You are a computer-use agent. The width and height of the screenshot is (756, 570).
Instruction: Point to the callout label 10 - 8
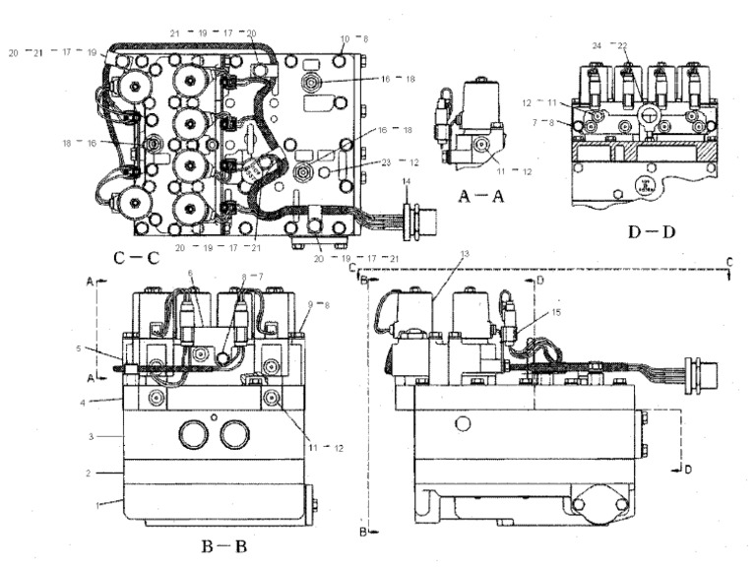[351, 38]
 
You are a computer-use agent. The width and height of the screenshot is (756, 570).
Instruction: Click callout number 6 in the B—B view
[191, 274]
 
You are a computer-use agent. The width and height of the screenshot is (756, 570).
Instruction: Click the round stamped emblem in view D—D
[641, 185]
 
